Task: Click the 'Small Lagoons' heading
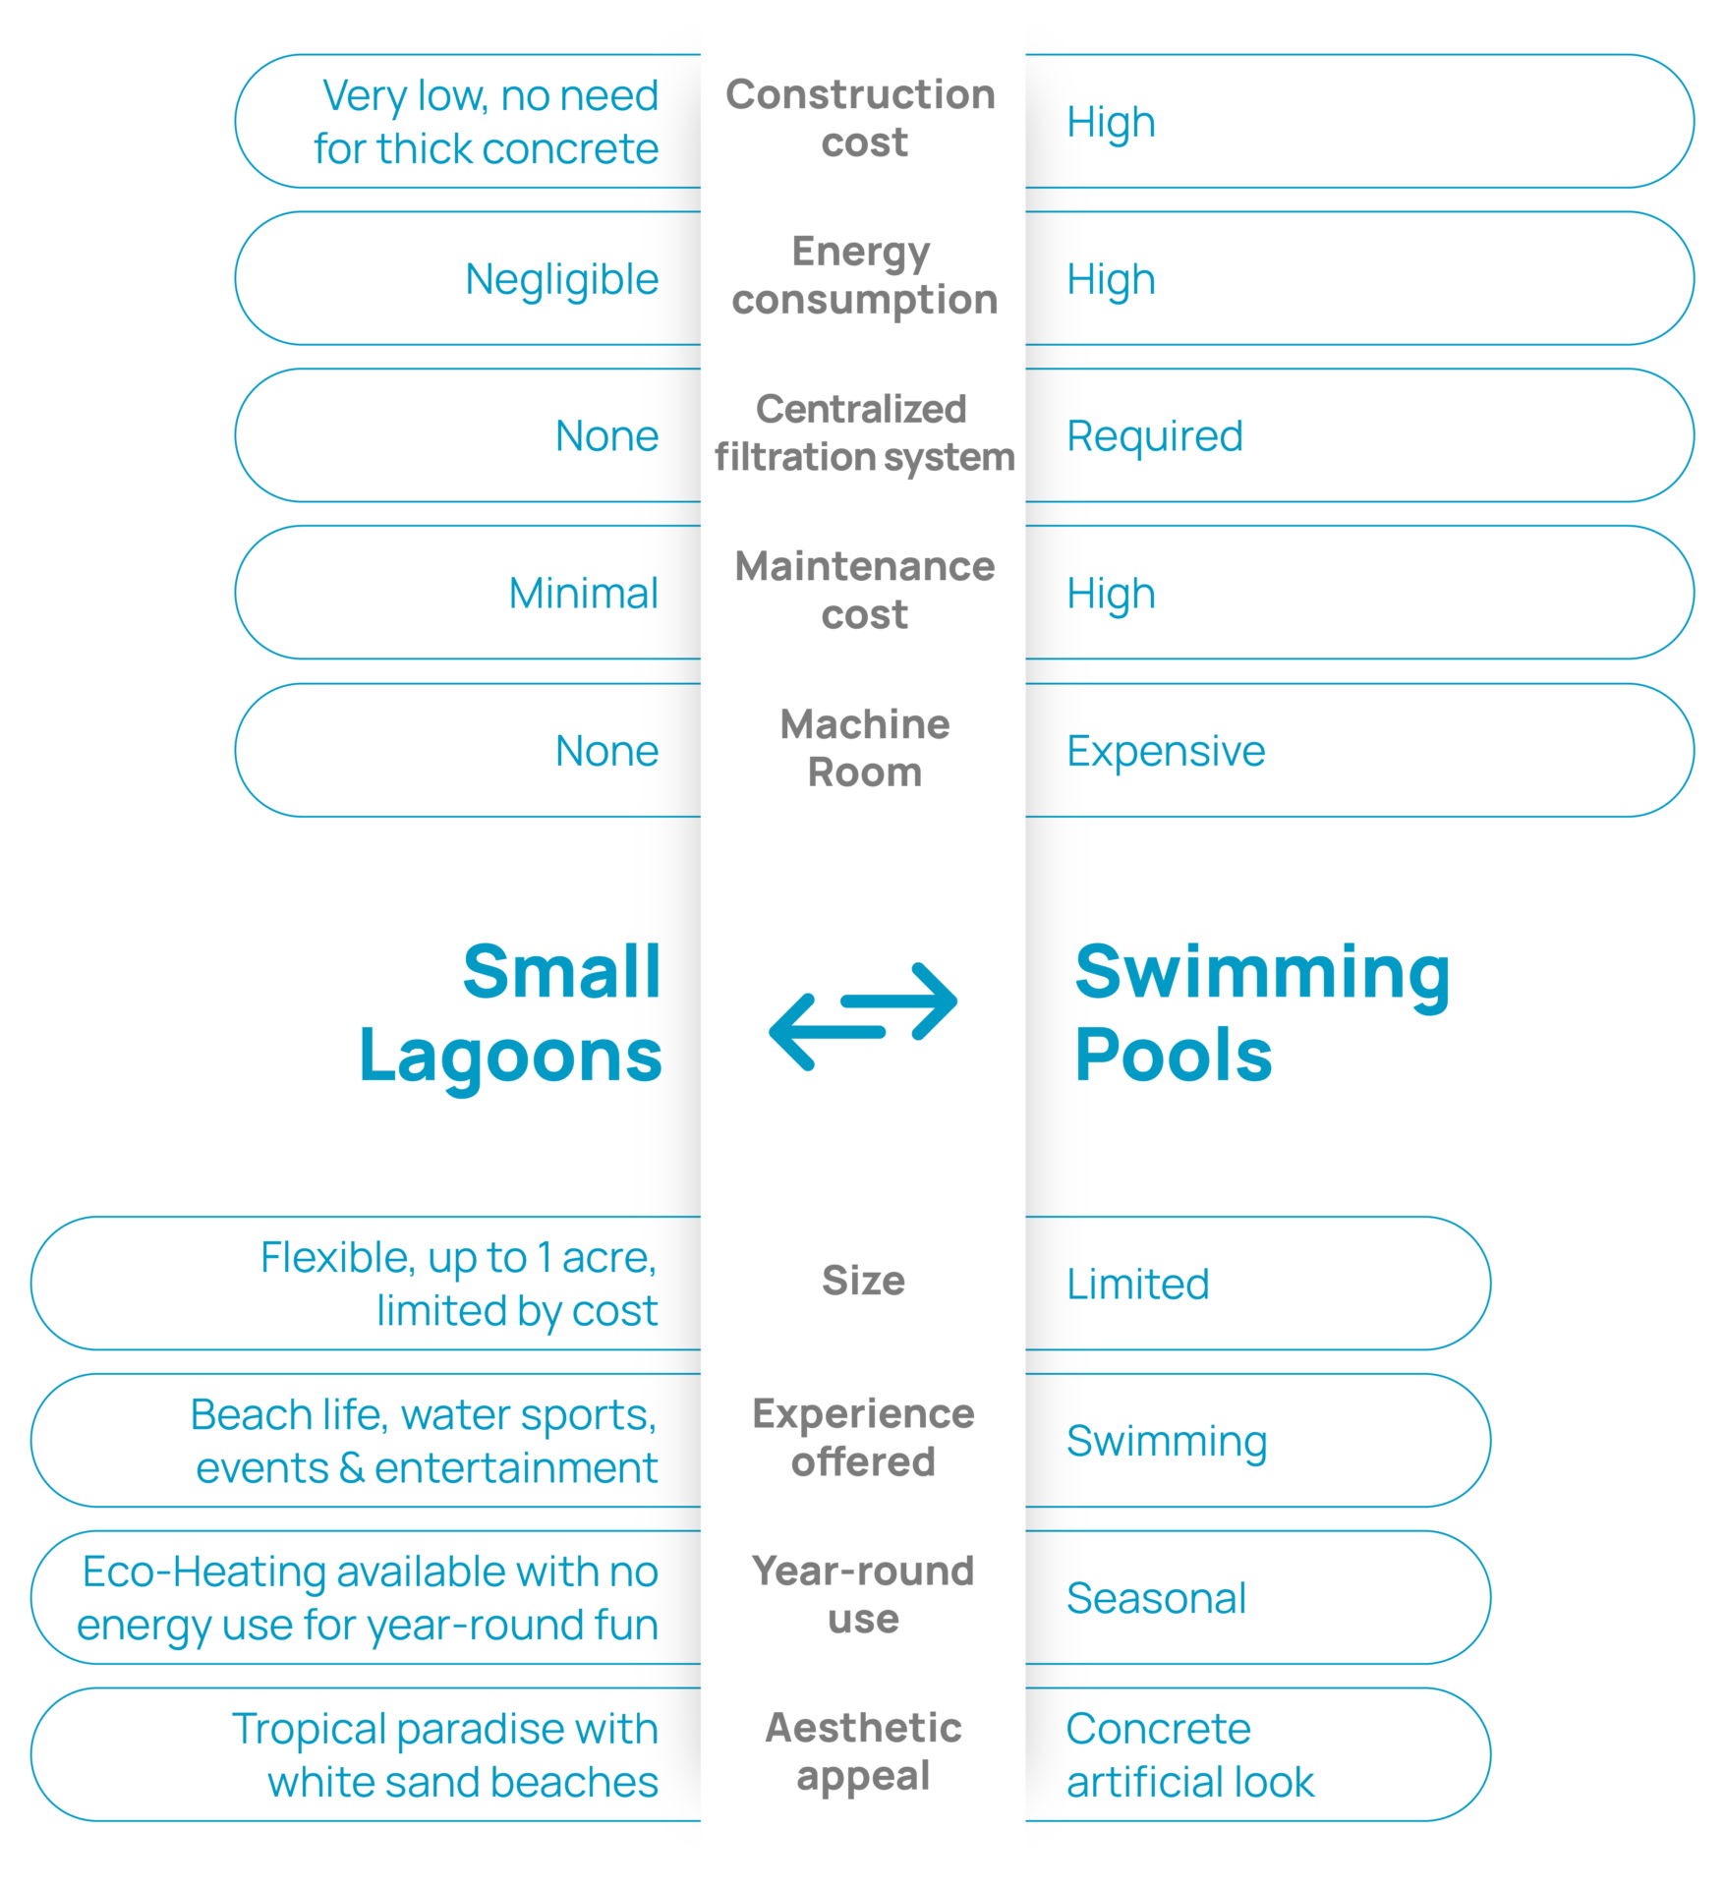pyautogui.click(x=511, y=1013)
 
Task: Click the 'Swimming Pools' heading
pyautogui.click(x=1262, y=1013)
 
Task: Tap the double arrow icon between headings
pyautogui.click(x=863, y=1016)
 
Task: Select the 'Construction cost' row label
pyautogui.click(x=862, y=118)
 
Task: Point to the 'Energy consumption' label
pyautogui.click(x=864, y=275)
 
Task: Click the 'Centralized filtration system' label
pyautogui.click(x=864, y=432)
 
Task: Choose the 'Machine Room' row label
pyautogui.click(x=865, y=748)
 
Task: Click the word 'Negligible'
pyautogui.click(x=561, y=280)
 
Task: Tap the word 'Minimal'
pyautogui.click(x=583, y=593)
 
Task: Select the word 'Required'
pyautogui.click(x=1155, y=436)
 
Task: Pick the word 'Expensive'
pyautogui.click(x=1166, y=752)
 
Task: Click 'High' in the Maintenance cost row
pyautogui.click(x=1111, y=595)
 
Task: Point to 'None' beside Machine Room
pyautogui.click(x=606, y=751)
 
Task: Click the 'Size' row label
pyautogui.click(x=863, y=1281)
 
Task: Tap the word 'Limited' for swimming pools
pyautogui.click(x=1138, y=1284)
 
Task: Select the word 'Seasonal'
pyautogui.click(x=1156, y=1598)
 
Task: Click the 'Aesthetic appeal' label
pyautogui.click(x=863, y=1751)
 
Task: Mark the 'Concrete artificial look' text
pyautogui.click(x=1190, y=1755)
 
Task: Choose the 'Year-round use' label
pyautogui.click(x=863, y=1594)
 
